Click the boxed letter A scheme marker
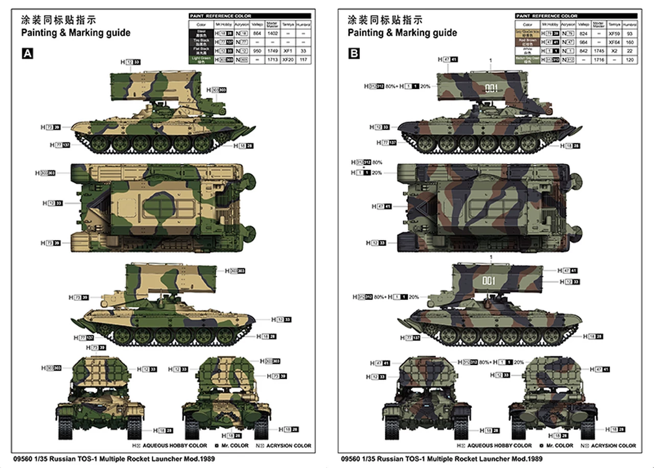[x=27, y=53]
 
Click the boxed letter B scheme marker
[x=354, y=53]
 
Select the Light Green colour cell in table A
[x=200, y=60]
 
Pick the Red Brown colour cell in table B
[x=527, y=42]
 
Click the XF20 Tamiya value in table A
[x=287, y=60]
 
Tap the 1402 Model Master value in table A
[x=271, y=33]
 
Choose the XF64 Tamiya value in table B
[x=614, y=42]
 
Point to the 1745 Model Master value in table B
[x=598, y=51]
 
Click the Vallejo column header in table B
[x=583, y=24]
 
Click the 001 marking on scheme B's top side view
[x=491, y=88]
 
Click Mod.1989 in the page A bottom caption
[x=196, y=458]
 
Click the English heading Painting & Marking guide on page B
[x=403, y=33]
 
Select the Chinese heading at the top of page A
[x=58, y=20]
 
